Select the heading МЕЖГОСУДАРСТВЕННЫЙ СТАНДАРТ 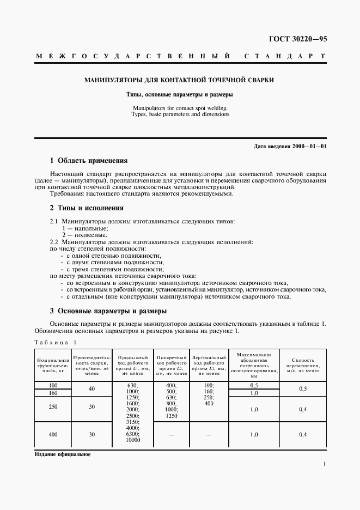180,57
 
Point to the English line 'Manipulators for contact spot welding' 180,108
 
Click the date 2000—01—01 309,147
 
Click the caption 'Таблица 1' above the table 56,342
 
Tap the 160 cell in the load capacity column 52,393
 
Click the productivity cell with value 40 91,389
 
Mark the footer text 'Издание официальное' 62,454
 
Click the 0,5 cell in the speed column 303,389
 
